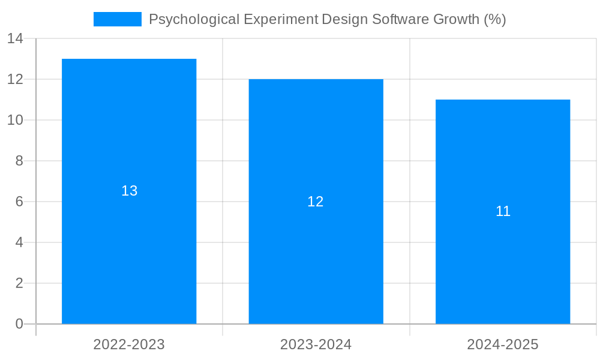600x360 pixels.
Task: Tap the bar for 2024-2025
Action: point(503,264)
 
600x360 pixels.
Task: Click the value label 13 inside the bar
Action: point(130,191)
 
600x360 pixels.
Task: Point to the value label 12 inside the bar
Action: point(316,202)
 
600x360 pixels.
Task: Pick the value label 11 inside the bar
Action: point(503,211)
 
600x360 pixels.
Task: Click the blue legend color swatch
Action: point(118,19)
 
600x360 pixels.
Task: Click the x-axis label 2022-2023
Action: point(129,344)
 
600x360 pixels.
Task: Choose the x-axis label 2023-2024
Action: point(316,344)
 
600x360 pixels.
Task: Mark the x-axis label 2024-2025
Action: point(503,344)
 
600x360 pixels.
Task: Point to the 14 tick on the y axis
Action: point(15,38)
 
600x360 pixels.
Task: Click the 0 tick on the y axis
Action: point(19,324)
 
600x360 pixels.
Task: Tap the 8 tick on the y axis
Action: point(19,161)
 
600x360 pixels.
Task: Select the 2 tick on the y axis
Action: point(19,283)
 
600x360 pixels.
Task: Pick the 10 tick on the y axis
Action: point(15,120)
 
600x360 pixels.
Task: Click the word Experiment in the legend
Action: point(281,19)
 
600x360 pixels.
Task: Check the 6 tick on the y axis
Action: point(19,202)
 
